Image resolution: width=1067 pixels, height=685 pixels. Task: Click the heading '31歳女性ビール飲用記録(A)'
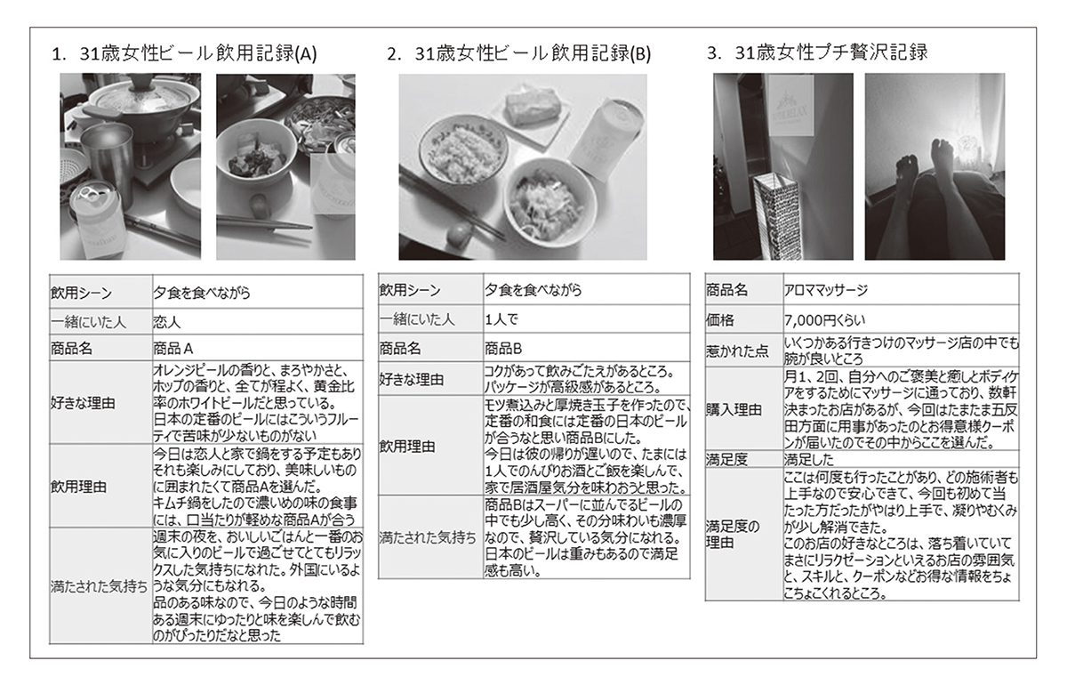[197, 53]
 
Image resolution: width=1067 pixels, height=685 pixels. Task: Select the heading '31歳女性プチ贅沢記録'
[831, 52]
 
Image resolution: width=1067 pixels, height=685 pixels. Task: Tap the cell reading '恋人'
[167, 322]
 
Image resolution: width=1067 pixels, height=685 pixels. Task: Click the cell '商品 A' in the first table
[172, 349]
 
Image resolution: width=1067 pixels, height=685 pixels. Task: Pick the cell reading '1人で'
[501, 319]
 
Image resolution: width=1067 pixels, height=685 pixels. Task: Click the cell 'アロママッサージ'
[826, 290]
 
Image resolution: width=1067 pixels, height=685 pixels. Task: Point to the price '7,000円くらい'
[824, 320]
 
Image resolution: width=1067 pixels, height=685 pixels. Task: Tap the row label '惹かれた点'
[737, 351]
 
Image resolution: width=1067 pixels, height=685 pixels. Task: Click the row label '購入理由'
[734, 409]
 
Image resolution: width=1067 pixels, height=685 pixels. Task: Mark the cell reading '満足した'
[809, 460]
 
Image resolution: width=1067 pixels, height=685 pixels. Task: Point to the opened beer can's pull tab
[90, 192]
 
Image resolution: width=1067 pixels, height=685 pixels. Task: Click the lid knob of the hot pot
[145, 82]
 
